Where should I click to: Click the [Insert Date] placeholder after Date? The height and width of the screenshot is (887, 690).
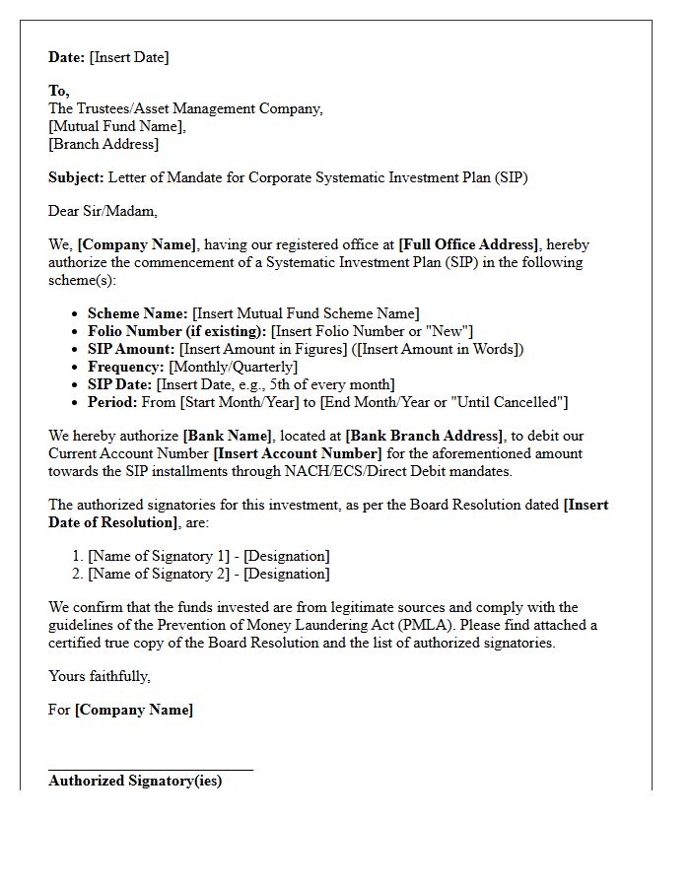pyautogui.click(x=129, y=57)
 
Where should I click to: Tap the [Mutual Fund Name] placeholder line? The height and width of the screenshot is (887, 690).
pyautogui.click(x=117, y=126)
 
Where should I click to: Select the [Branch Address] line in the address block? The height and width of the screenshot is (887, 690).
pyautogui.click(x=103, y=144)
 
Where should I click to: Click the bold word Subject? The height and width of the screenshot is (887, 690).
pyautogui.click(x=76, y=178)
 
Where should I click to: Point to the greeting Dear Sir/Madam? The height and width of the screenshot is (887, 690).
pyautogui.click(x=103, y=210)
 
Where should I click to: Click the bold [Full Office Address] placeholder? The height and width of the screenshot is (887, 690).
pyautogui.click(x=468, y=244)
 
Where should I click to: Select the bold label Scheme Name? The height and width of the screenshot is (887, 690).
pyautogui.click(x=138, y=313)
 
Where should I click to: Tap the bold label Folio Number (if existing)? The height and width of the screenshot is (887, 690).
pyautogui.click(x=177, y=331)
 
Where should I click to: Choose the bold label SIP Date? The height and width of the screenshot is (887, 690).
pyautogui.click(x=120, y=384)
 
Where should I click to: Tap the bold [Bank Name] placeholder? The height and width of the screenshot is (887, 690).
pyautogui.click(x=227, y=436)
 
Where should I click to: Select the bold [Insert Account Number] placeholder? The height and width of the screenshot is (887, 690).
pyautogui.click(x=297, y=453)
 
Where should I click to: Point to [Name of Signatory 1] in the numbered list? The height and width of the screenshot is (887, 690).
pyautogui.click(x=158, y=556)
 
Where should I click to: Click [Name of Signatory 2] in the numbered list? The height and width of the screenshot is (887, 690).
pyautogui.click(x=158, y=574)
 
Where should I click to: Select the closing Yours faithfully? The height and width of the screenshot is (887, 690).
pyautogui.click(x=100, y=676)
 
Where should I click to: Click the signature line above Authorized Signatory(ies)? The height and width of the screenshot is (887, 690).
pyautogui.click(x=151, y=769)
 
